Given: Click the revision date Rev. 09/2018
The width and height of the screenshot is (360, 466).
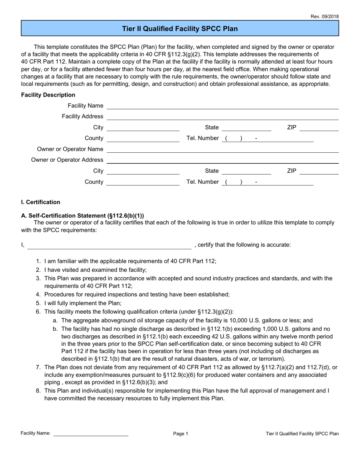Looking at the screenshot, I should tap(325, 16).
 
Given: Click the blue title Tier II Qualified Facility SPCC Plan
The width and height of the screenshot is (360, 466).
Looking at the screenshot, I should tap(180, 29).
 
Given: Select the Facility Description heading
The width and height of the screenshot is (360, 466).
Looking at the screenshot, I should tap(48, 95).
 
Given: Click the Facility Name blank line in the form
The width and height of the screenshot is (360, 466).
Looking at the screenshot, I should tap(223, 106).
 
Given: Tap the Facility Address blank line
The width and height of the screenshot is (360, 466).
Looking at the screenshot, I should tap(223, 117).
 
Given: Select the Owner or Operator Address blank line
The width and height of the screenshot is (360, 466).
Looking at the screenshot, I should tap(223, 161).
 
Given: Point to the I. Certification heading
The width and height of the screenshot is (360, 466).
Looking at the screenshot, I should tap(41, 202).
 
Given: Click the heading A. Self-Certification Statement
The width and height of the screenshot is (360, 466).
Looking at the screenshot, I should tap(83, 216).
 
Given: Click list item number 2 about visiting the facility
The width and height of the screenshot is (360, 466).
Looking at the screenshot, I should tap(95, 270).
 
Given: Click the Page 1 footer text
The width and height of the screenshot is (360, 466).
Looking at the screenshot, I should tap(180, 434).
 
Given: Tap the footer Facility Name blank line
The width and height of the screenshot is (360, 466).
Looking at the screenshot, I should tap(91, 434).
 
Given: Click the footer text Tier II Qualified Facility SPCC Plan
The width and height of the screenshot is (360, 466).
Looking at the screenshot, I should tap(302, 434).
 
